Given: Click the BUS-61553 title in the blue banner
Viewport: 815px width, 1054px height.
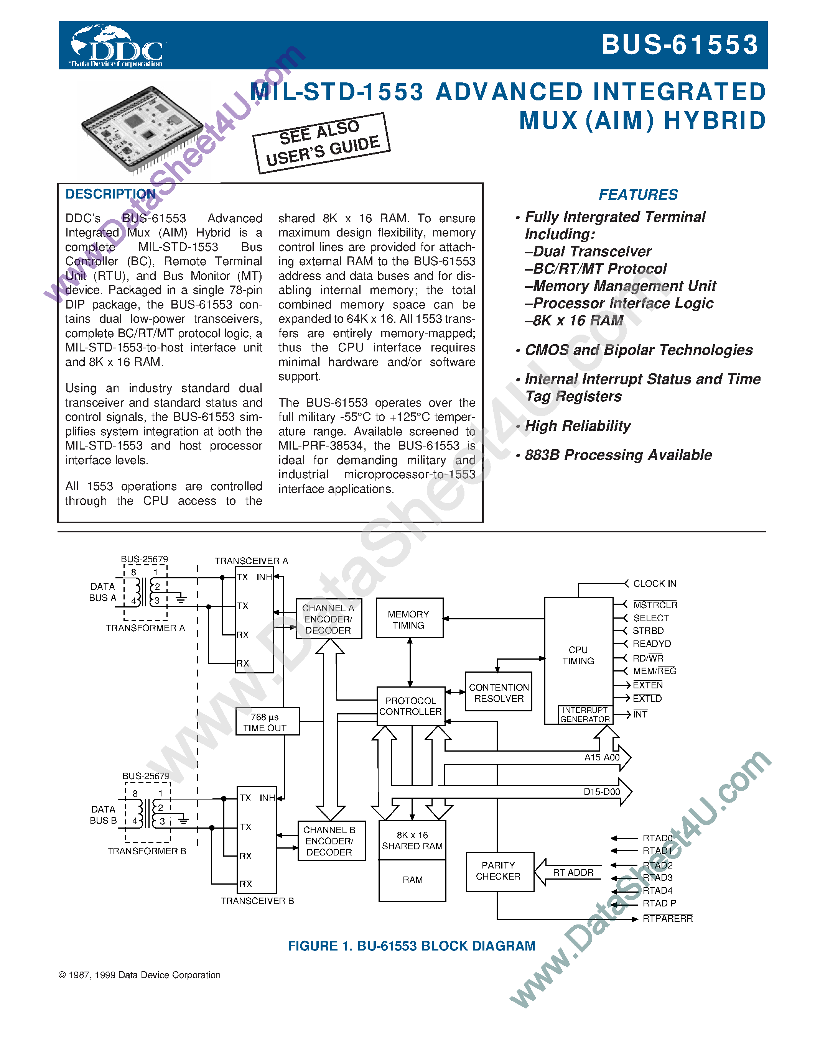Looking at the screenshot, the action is click(x=680, y=45).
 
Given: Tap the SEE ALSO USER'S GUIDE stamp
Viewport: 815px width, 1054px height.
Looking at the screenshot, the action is click(x=321, y=143).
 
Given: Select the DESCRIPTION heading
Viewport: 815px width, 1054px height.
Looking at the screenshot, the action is click(x=110, y=194).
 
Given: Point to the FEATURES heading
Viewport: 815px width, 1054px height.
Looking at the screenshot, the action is click(x=638, y=194).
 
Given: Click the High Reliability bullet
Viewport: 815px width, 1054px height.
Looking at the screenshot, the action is click(x=578, y=426).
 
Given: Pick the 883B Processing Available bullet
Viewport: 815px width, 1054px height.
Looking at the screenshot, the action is click(x=618, y=455).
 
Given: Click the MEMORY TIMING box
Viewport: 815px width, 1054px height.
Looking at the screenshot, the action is click(x=409, y=619).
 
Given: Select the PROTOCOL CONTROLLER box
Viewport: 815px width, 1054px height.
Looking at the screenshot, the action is click(x=410, y=706).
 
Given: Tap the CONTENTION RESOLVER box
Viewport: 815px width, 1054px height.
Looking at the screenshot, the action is click(x=498, y=693).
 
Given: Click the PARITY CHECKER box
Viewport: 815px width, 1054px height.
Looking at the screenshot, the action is click(x=499, y=871).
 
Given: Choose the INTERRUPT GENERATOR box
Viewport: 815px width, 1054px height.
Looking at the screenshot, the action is click(x=585, y=715).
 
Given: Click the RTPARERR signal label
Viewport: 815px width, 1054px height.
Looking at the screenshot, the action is click(x=667, y=918).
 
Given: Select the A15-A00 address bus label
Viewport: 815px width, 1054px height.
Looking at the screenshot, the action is click(x=602, y=757).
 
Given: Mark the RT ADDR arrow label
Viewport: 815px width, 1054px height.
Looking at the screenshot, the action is click(x=573, y=873).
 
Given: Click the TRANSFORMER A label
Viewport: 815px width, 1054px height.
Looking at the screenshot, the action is click(x=145, y=628).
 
